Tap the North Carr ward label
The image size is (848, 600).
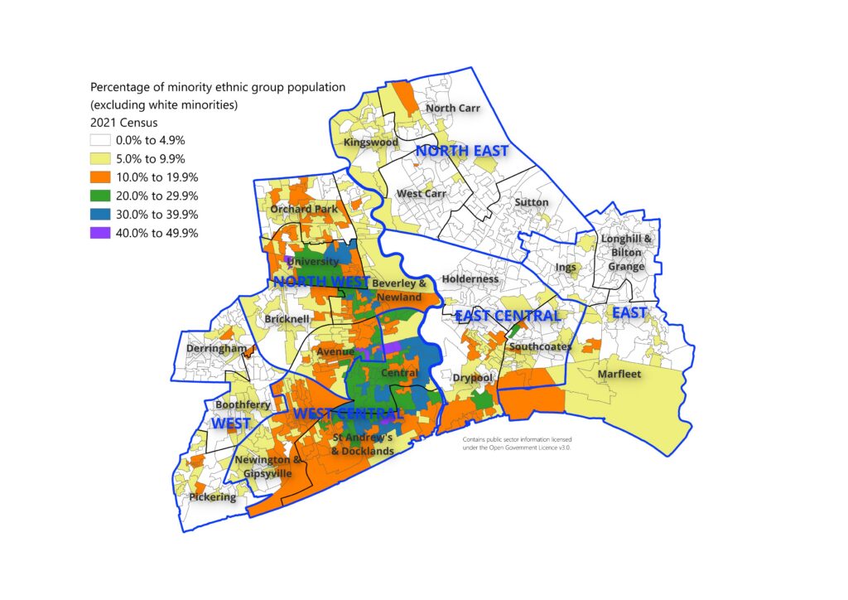[x=452, y=108]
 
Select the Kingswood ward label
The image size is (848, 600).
[x=371, y=143]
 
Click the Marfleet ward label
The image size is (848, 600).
[x=619, y=375]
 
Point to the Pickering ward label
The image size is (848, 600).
[x=213, y=497]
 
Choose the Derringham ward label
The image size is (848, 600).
[x=217, y=349]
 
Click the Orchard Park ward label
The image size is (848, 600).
[x=304, y=209]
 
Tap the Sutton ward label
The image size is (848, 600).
[x=531, y=201]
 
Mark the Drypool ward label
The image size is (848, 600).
[x=473, y=378]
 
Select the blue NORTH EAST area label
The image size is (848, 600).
[x=461, y=151]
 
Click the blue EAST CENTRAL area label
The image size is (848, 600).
[x=508, y=316]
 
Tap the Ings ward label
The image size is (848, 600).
[x=566, y=267]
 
